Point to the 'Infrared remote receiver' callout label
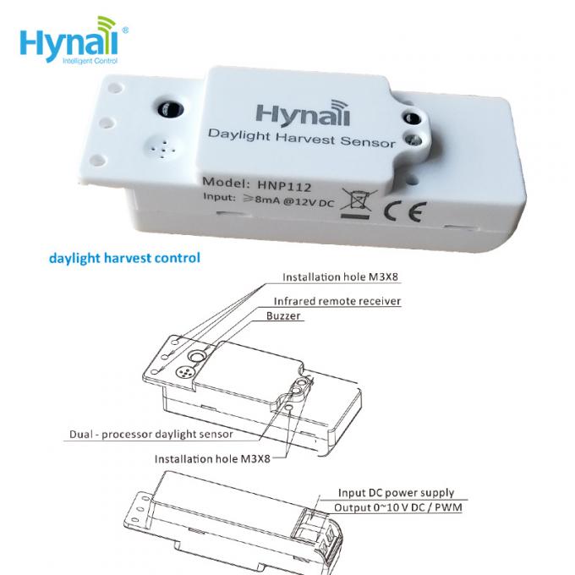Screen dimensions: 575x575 pyautogui.click(x=337, y=301)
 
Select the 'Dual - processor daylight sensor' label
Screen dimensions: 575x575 pyautogui.click(x=151, y=435)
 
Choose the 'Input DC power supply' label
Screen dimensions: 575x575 pyautogui.click(x=396, y=493)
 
